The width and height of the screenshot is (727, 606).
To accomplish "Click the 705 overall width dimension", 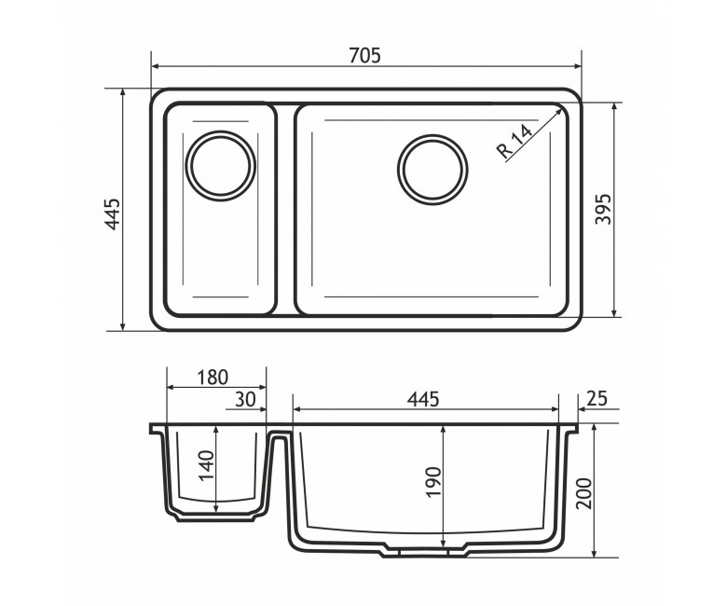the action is click(364, 56).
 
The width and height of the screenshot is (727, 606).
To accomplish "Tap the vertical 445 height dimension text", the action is click(113, 214).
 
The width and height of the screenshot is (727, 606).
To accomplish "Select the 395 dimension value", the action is click(603, 209).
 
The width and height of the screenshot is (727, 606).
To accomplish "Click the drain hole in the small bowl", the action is click(221, 166).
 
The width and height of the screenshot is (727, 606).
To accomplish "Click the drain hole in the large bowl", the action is click(432, 170).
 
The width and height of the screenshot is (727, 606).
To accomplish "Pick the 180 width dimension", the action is click(213, 378).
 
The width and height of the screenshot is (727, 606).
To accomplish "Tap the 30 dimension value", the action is click(245, 399).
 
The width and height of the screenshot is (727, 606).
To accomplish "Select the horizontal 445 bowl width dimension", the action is click(423, 399).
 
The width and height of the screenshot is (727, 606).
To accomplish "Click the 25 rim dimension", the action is click(597, 398).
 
